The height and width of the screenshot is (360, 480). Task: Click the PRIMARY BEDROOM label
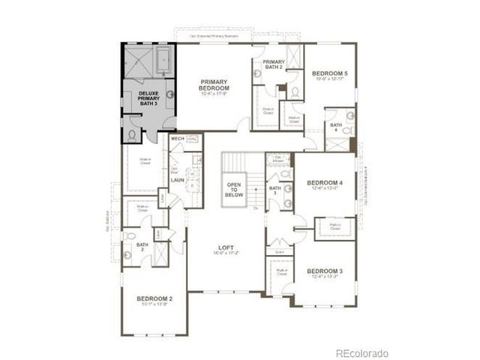point(214,85)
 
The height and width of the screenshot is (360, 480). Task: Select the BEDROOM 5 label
point(330,73)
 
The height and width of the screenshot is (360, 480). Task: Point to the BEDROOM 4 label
point(325,182)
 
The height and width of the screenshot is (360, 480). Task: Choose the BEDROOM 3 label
point(325,270)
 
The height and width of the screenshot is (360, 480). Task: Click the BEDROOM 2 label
point(155,298)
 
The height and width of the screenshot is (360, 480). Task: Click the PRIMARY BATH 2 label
point(274,65)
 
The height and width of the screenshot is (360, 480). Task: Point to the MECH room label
point(178,139)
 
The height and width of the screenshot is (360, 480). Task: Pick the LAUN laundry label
point(178,180)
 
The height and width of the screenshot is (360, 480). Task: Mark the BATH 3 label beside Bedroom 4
point(274,190)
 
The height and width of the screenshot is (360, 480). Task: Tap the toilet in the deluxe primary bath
point(133,135)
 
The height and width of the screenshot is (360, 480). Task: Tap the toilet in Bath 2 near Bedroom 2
point(127,254)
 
